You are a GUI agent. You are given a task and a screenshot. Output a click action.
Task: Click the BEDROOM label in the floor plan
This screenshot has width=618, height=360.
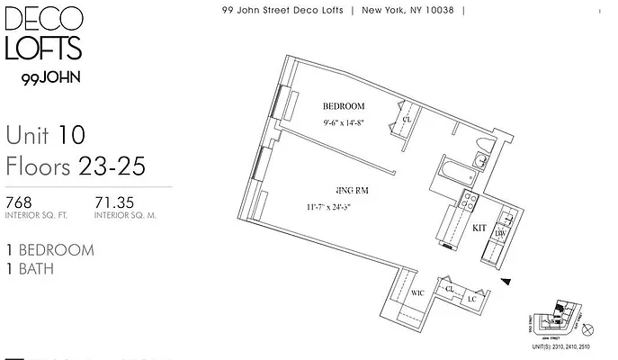pyautogui.click(x=344, y=106)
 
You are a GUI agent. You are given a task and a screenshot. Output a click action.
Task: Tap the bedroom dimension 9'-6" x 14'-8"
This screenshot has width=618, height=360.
pyautogui.click(x=344, y=125)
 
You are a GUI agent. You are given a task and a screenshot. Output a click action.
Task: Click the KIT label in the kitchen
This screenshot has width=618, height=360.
pyautogui.click(x=479, y=229)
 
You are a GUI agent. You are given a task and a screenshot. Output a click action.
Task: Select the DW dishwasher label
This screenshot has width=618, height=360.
pyautogui.click(x=500, y=234)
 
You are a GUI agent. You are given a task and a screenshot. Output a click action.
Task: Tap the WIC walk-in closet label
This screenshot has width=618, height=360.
pyautogui.click(x=417, y=293)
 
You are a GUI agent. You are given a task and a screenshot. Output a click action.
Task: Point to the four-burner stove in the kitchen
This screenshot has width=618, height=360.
pyautogui.click(x=469, y=202)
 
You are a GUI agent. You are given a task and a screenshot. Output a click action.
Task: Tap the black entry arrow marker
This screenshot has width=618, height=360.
pyautogui.click(x=507, y=283)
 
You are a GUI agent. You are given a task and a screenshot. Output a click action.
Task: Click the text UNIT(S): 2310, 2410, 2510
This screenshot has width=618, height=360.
pyautogui.click(x=562, y=346)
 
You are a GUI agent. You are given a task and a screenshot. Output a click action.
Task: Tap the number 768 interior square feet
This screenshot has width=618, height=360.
pyautogui.click(x=19, y=202)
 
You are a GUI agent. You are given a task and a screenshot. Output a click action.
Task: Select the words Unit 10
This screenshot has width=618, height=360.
pyautogui.click(x=45, y=136)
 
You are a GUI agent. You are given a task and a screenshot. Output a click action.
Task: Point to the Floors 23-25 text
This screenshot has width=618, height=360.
pyautogui.click(x=75, y=166)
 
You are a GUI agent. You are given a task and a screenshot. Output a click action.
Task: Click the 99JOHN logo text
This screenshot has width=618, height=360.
pyautogui.click(x=49, y=78)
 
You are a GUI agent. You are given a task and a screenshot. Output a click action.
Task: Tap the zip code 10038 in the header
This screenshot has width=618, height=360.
pyautogui.click(x=447, y=11)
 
